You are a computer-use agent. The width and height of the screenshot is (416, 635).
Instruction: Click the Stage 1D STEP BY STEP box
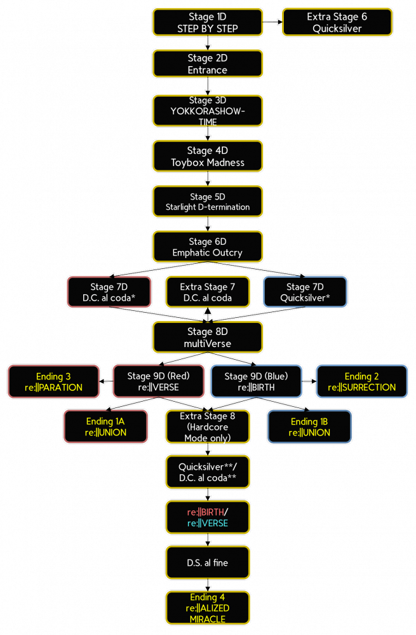(x=207, y=22)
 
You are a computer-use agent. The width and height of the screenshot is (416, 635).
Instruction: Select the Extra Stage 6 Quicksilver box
(x=337, y=22)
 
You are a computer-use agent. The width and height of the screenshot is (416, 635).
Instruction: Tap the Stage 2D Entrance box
(x=207, y=64)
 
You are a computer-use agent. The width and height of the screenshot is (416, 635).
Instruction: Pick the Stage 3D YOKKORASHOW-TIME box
(x=207, y=111)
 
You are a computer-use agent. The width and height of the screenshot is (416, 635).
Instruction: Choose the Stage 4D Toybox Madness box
(x=207, y=156)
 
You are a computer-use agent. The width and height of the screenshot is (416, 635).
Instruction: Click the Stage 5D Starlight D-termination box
(x=207, y=201)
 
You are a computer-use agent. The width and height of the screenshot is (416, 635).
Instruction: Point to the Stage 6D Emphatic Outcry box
(x=207, y=247)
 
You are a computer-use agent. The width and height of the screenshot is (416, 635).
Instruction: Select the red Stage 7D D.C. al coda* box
(x=109, y=292)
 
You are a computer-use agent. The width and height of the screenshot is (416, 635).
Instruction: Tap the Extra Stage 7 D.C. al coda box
(x=207, y=292)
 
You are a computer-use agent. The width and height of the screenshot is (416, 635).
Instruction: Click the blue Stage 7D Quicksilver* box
(x=305, y=292)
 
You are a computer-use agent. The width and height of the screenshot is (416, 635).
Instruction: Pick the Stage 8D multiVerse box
(x=207, y=337)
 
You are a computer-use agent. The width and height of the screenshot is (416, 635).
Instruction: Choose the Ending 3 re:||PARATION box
(x=54, y=381)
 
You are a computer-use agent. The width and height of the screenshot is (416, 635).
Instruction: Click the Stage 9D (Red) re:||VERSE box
(x=158, y=381)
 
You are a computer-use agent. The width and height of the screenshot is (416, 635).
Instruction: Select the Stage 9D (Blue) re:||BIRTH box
(x=256, y=381)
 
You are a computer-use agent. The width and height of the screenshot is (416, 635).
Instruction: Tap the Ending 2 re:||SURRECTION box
(x=361, y=381)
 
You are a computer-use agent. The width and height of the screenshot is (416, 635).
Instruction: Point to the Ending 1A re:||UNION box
(x=105, y=427)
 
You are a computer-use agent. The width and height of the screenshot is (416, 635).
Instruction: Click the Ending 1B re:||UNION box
(x=309, y=427)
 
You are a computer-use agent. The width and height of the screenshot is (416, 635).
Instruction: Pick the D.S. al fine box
(x=207, y=563)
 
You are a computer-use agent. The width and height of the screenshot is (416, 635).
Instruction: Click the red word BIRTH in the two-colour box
(x=211, y=512)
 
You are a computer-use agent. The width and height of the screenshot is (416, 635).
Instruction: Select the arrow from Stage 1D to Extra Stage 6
(x=272, y=22)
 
